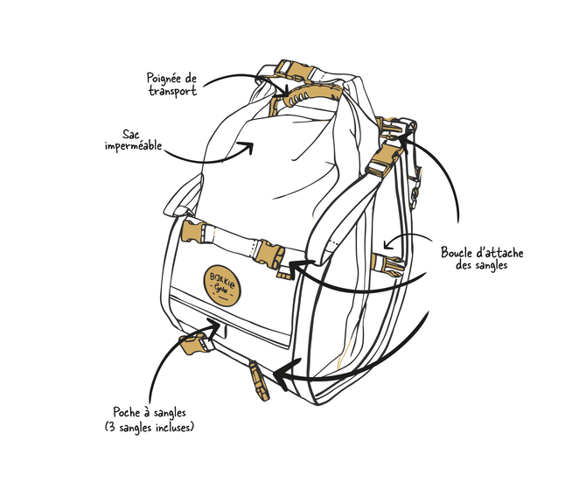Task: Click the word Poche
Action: (129, 411)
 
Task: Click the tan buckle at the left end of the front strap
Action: (190, 233)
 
